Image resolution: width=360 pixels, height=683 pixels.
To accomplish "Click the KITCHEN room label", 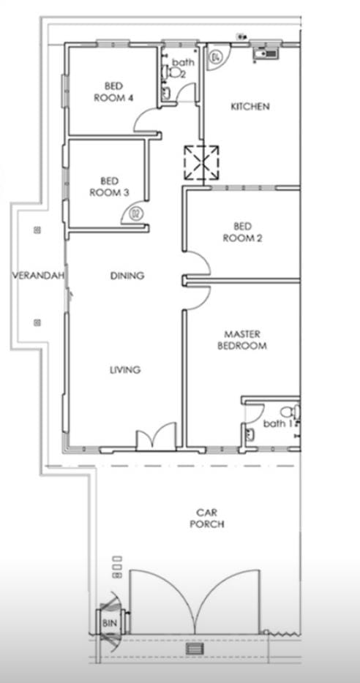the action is coord(250,106).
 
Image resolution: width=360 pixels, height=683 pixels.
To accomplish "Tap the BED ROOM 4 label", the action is coord(113,91).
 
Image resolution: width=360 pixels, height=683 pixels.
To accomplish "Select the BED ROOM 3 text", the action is coord(110,186).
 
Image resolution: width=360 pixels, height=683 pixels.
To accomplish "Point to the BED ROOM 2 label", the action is coord(242,232).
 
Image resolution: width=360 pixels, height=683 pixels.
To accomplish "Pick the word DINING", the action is coord(127,276).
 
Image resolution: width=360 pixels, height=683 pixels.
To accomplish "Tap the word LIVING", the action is coord(125,370).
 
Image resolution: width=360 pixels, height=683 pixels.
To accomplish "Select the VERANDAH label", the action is coord(38,276).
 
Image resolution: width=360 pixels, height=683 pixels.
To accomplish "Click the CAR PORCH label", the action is coord(207,518).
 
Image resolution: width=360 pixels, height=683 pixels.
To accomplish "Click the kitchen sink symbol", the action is coord(265,54).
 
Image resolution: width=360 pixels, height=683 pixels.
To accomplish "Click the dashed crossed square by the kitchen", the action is coord(201,163).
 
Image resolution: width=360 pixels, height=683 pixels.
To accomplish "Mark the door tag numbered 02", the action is coord(136,214).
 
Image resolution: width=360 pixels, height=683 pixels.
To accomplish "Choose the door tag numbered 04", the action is coord(216,56).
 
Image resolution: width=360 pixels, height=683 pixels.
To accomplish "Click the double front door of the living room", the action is coord(157,436).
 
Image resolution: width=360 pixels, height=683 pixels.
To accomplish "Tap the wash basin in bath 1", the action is coord(250,434).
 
